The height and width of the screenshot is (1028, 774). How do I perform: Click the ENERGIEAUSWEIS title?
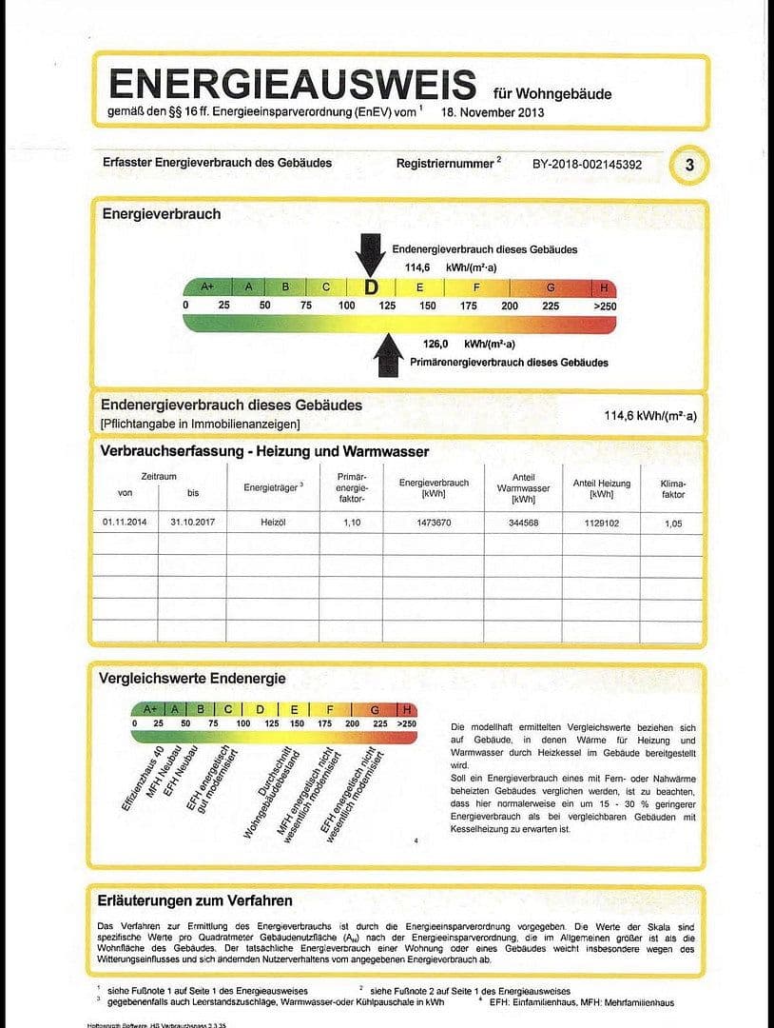tap(293, 84)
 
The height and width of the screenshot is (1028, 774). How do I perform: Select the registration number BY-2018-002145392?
tap(587, 165)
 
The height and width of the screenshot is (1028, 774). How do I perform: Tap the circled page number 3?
tap(689, 165)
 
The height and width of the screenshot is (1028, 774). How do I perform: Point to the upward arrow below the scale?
tap(388, 354)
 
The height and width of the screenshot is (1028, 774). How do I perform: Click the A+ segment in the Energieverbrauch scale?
tap(206, 287)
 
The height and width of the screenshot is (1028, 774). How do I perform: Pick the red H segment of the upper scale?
tap(604, 287)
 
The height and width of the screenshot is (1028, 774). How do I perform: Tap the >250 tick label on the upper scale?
tap(605, 306)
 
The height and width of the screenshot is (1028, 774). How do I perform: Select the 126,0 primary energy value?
tap(435, 344)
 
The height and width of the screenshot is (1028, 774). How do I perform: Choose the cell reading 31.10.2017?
tap(189, 523)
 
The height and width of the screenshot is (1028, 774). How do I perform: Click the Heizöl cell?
tap(273, 523)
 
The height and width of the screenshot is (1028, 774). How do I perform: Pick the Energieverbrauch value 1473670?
tap(434, 523)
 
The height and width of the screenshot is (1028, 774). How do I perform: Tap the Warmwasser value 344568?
tap(523, 523)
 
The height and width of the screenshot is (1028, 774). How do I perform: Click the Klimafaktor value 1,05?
tap(672, 523)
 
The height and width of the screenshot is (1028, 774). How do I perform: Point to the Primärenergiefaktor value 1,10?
tap(352, 523)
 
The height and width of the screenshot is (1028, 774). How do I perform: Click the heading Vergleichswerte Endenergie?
tap(192, 679)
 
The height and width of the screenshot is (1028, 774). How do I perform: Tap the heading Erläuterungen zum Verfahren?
tap(195, 899)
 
